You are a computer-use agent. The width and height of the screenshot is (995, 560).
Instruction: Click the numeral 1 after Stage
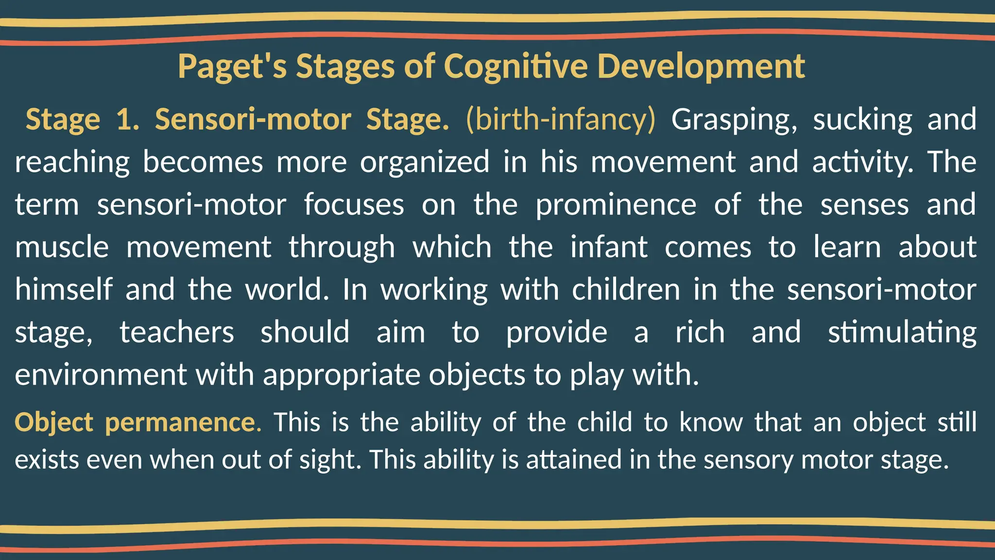pyautogui.click(x=127, y=120)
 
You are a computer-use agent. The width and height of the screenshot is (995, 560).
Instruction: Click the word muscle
pyautogui.click(x=62, y=247)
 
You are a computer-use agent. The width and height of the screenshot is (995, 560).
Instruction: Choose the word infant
pyautogui.click(x=609, y=247)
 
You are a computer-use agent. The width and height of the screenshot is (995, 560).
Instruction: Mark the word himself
pyautogui.click(x=64, y=290)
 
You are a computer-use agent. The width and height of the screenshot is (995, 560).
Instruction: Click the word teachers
pyautogui.click(x=177, y=332)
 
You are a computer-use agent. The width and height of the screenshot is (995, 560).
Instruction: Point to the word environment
pyautogui.click(x=101, y=375)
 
